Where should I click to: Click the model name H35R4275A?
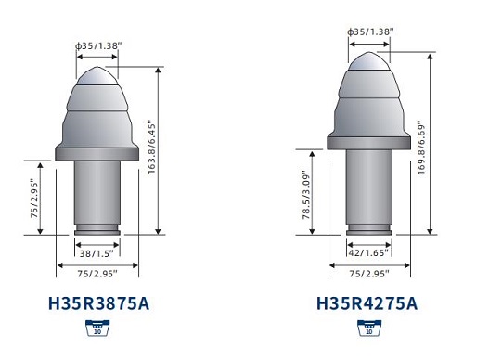367,303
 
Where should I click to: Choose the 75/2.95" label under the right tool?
368,275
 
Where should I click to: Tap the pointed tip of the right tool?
369,54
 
